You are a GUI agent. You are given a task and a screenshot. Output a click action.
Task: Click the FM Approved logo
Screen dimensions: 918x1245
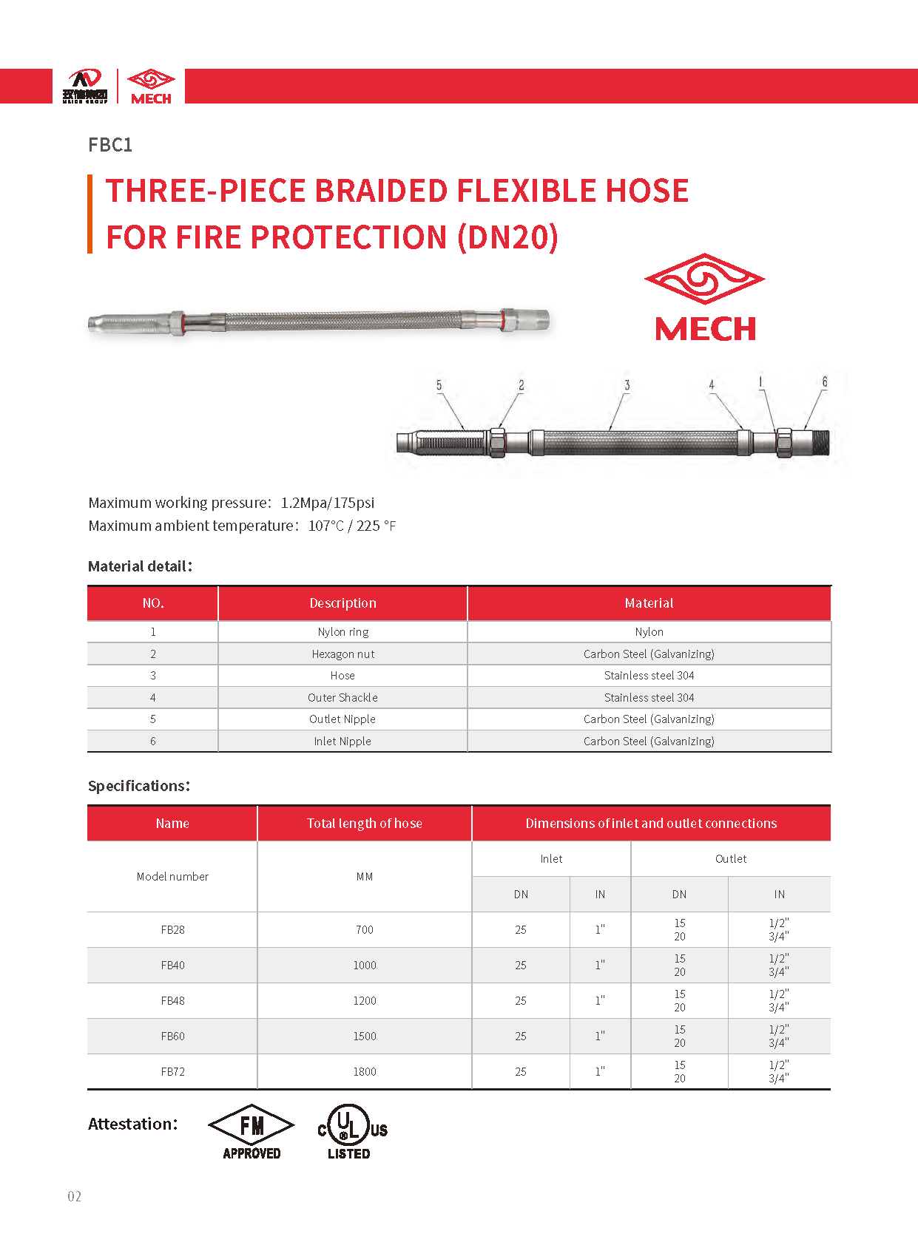tap(252, 1131)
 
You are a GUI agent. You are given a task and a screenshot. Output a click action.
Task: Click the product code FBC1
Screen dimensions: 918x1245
tap(110, 145)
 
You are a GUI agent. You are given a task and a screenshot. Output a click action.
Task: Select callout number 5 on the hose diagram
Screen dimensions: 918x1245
tap(439, 385)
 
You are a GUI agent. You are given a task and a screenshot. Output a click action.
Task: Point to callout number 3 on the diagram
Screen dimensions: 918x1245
tap(627, 385)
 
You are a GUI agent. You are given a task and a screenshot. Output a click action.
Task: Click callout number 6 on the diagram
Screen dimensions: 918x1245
tap(825, 382)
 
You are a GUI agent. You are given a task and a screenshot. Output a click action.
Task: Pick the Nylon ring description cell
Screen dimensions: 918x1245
tap(342, 632)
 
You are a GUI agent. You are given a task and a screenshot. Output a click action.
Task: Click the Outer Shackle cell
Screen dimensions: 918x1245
tap(342, 697)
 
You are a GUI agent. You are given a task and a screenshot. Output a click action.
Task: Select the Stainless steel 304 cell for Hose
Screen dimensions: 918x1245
tap(649, 676)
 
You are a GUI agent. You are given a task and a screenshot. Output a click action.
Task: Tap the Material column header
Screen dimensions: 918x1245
tap(649, 603)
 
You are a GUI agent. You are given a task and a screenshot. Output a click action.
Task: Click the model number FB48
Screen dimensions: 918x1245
tap(172, 1001)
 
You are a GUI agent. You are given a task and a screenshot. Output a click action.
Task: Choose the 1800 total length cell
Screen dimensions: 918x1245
tap(364, 1072)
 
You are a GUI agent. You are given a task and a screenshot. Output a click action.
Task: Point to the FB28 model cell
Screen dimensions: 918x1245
tap(172, 930)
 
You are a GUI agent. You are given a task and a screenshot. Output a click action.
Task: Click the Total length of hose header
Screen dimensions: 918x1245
tap(364, 824)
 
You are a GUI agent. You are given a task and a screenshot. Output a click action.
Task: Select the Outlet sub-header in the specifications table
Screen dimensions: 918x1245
tap(730, 859)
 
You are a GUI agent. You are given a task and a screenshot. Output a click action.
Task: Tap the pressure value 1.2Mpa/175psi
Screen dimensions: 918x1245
tap(327, 503)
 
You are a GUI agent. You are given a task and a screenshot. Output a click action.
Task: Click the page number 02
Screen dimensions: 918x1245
tap(75, 1196)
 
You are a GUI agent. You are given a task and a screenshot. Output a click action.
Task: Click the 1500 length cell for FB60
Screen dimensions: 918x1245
tap(364, 1037)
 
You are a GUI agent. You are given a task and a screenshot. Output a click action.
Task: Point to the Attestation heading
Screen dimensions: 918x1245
tap(133, 1124)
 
